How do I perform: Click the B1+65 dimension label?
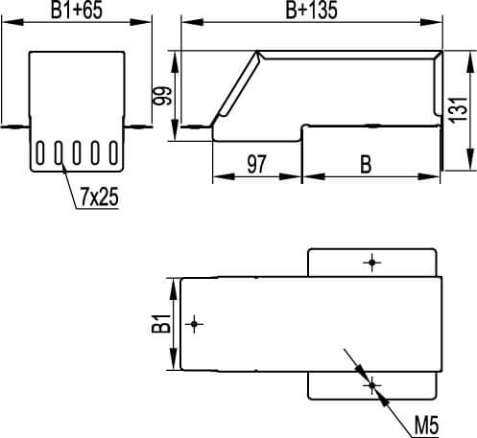tap(77, 10)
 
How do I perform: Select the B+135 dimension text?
tap(311, 10)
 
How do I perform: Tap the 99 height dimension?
tap(162, 96)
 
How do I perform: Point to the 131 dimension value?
tap(459, 109)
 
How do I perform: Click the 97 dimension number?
tap(256, 164)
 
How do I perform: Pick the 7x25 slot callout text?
tap(99, 196)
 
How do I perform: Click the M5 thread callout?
tap(427, 426)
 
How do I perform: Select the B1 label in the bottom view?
tap(161, 324)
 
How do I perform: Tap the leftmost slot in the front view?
tap(40, 153)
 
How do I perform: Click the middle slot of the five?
tap(77, 153)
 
